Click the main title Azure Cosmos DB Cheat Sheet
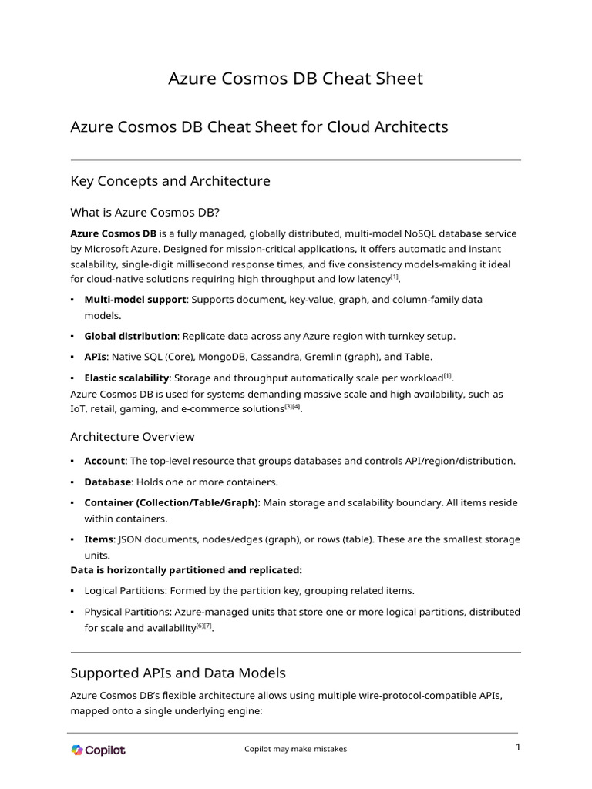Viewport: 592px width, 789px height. pyautogui.click(x=295, y=79)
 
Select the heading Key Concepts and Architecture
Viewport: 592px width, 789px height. pyautogui.click(x=170, y=181)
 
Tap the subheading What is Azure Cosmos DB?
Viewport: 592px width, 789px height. pyautogui.click(x=145, y=212)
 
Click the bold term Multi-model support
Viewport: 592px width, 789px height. pyautogui.click(x=135, y=299)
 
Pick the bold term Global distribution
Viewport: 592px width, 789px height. pyautogui.click(x=131, y=337)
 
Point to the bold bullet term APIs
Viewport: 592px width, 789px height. pyautogui.click(x=96, y=357)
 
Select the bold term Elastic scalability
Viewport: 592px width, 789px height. pyautogui.click(x=126, y=378)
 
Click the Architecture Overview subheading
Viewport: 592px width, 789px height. pyautogui.click(x=132, y=437)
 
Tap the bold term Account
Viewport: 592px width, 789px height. pyautogui.click(x=104, y=461)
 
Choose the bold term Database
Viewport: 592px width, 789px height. pyautogui.click(x=108, y=482)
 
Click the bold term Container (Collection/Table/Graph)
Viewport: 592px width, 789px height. pyautogui.click(x=171, y=502)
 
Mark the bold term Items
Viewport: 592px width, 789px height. pyautogui.click(x=98, y=539)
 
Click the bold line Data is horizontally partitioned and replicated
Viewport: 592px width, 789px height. pyautogui.click(x=187, y=570)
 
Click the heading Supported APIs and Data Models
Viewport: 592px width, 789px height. pyautogui.click(x=178, y=673)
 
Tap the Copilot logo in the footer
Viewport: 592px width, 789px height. pyautogui.click(x=98, y=750)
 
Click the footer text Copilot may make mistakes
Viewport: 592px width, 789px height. pyautogui.click(x=295, y=749)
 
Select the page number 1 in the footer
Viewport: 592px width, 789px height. pyautogui.click(x=518, y=747)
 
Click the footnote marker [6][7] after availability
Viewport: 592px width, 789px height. pyautogui.click(x=203, y=626)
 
